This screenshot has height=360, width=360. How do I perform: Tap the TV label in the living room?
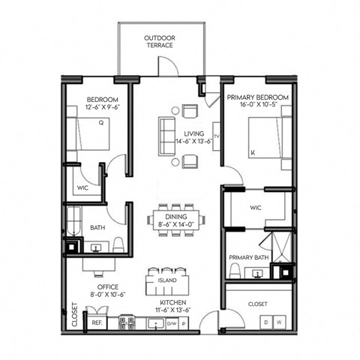216,136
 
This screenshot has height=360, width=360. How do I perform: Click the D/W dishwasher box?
171,322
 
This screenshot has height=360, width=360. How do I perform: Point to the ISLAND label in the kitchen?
166,280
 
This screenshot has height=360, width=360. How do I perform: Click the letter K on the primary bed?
253,152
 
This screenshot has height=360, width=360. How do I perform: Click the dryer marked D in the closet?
265,322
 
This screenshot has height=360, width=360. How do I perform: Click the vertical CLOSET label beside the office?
74,315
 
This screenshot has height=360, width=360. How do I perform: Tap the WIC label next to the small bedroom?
82,187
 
